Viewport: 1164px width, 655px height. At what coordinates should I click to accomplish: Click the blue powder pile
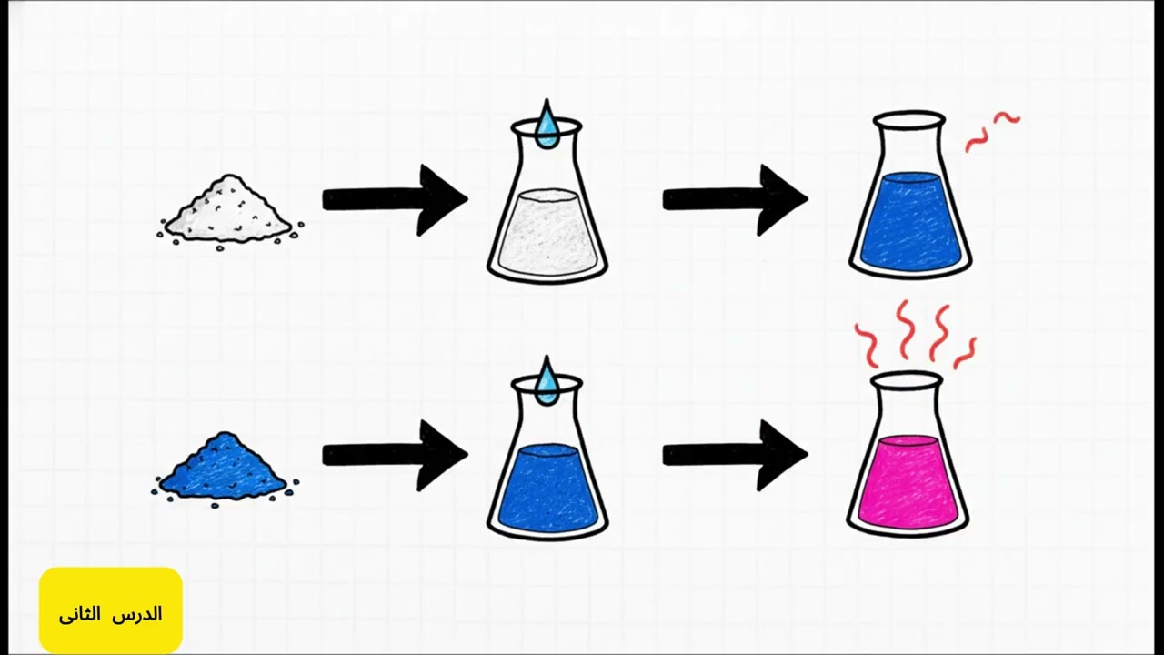[225, 468]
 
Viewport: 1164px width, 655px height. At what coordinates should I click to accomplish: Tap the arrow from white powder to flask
[395, 200]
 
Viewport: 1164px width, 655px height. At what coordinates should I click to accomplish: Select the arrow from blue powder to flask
[395, 456]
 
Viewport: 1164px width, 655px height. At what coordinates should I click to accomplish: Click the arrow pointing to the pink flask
[736, 456]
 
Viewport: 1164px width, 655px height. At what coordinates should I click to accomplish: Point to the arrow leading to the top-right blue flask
[736, 200]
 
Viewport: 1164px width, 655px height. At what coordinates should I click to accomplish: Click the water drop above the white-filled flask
[547, 125]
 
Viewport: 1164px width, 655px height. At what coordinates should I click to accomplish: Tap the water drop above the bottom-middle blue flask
[547, 382]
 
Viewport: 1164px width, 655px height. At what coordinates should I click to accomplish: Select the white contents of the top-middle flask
[547, 231]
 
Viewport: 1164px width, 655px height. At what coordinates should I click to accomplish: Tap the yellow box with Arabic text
[111, 610]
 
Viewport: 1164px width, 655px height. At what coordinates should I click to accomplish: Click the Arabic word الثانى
[79, 614]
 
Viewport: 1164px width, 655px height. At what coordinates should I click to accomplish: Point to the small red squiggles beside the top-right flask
[991, 132]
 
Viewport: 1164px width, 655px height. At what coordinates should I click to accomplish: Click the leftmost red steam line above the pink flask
[867, 346]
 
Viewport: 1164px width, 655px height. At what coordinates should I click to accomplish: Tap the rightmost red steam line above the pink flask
[965, 354]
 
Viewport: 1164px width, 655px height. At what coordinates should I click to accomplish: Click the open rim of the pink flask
[907, 381]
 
